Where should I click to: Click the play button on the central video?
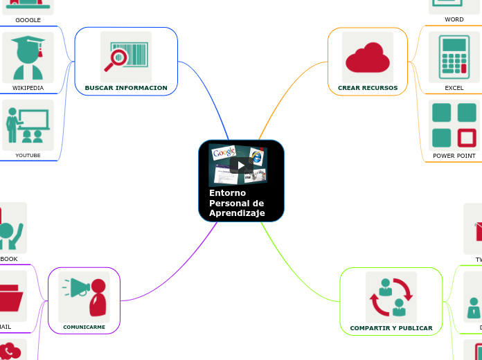pos(240,165)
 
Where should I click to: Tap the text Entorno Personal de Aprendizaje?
pos(236,203)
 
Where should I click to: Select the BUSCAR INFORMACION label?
pos(126,88)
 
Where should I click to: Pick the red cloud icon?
pos(368,57)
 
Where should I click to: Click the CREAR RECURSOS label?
pos(368,88)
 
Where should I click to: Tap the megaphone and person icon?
pos(84,296)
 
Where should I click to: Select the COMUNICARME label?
pos(84,327)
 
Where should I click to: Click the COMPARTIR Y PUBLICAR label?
pos(391,328)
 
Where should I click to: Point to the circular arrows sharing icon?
pos(391,297)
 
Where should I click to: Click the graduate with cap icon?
pos(28,57)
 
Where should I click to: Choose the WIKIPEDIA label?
pos(28,88)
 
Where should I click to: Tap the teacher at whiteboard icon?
pos(28,125)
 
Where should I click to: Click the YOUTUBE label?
pos(28,155)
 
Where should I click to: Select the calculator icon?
pos(454,57)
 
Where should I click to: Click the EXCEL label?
pos(454,89)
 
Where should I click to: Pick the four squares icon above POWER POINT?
pos(454,125)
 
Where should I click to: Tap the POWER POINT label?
pos(454,156)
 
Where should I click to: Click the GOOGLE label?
pos(28,20)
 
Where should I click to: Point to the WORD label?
pos(454,19)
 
